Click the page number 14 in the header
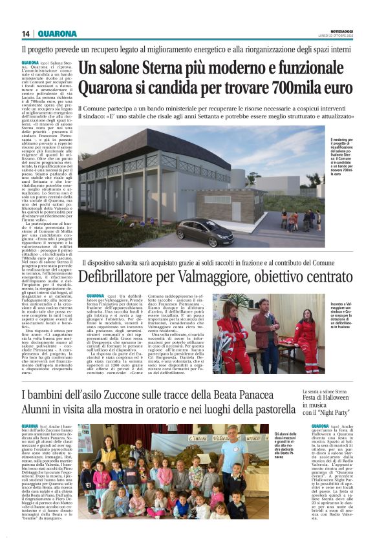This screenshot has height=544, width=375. pyautogui.click(x=26, y=34)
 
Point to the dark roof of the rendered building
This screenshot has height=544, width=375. pyautogui.click(x=162, y=143)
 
